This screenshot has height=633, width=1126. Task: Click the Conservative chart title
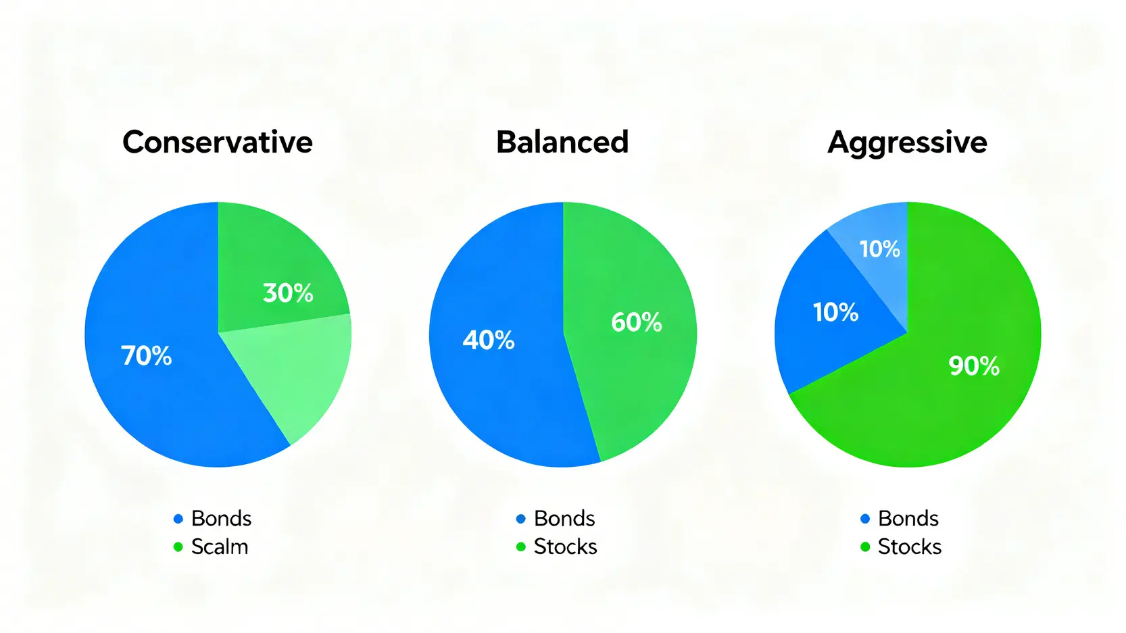tap(217, 142)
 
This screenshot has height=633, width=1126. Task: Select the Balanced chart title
tap(562, 142)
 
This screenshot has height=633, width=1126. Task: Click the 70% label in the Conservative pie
tap(146, 356)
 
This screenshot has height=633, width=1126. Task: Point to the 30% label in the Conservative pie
tap(288, 293)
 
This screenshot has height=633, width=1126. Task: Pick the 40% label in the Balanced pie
tap(489, 340)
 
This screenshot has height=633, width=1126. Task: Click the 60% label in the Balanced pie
tap(637, 322)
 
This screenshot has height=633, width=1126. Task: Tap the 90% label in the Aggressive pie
tap(974, 365)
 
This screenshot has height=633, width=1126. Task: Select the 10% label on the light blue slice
tap(880, 249)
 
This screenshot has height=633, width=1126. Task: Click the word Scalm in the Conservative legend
tap(220, 547)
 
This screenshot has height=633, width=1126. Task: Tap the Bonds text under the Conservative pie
tap(221, 518)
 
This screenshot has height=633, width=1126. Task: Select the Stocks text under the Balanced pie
tap(566, 547)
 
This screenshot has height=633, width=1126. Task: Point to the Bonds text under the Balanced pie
tap(564, 518)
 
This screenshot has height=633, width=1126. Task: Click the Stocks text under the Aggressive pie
tap(910, 547)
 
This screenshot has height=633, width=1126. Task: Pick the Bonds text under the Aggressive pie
tap(908, 518)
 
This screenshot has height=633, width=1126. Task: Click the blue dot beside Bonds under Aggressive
tap(865, 519)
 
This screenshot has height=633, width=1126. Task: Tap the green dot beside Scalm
tap(178, 547)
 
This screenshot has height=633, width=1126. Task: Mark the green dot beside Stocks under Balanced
tap(521, 547)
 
